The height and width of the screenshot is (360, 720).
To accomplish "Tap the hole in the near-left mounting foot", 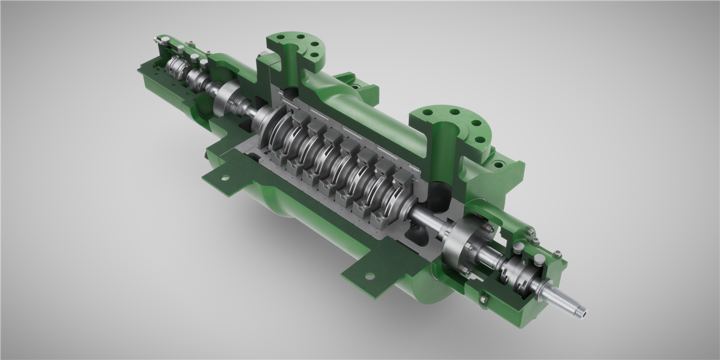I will coord(222,179).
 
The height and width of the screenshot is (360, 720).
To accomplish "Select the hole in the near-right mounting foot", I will coord(368,275).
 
